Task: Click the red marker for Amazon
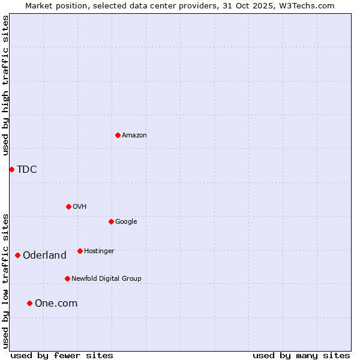pos(118,135)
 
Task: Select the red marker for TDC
pos(11,169)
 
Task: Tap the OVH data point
pos(68,206)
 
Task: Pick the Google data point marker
pos(111,221)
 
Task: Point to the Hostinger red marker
pos(80,251)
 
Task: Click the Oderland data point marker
pos(17,255)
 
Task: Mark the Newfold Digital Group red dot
pos(67,278)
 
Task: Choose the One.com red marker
pos(29,303)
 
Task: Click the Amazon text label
pos(134,135)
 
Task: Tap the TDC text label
pos(27,169)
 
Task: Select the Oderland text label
pos(44,255)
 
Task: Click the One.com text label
pos(56,303)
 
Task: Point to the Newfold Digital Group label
pos(106,278)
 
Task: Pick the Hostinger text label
pos(99,251)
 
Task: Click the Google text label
pos(126,221)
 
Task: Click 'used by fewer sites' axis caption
pos(62,355)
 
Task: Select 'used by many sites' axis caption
pos(301,355)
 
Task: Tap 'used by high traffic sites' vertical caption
pos(5,85)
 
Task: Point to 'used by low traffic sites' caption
pos(5,280)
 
